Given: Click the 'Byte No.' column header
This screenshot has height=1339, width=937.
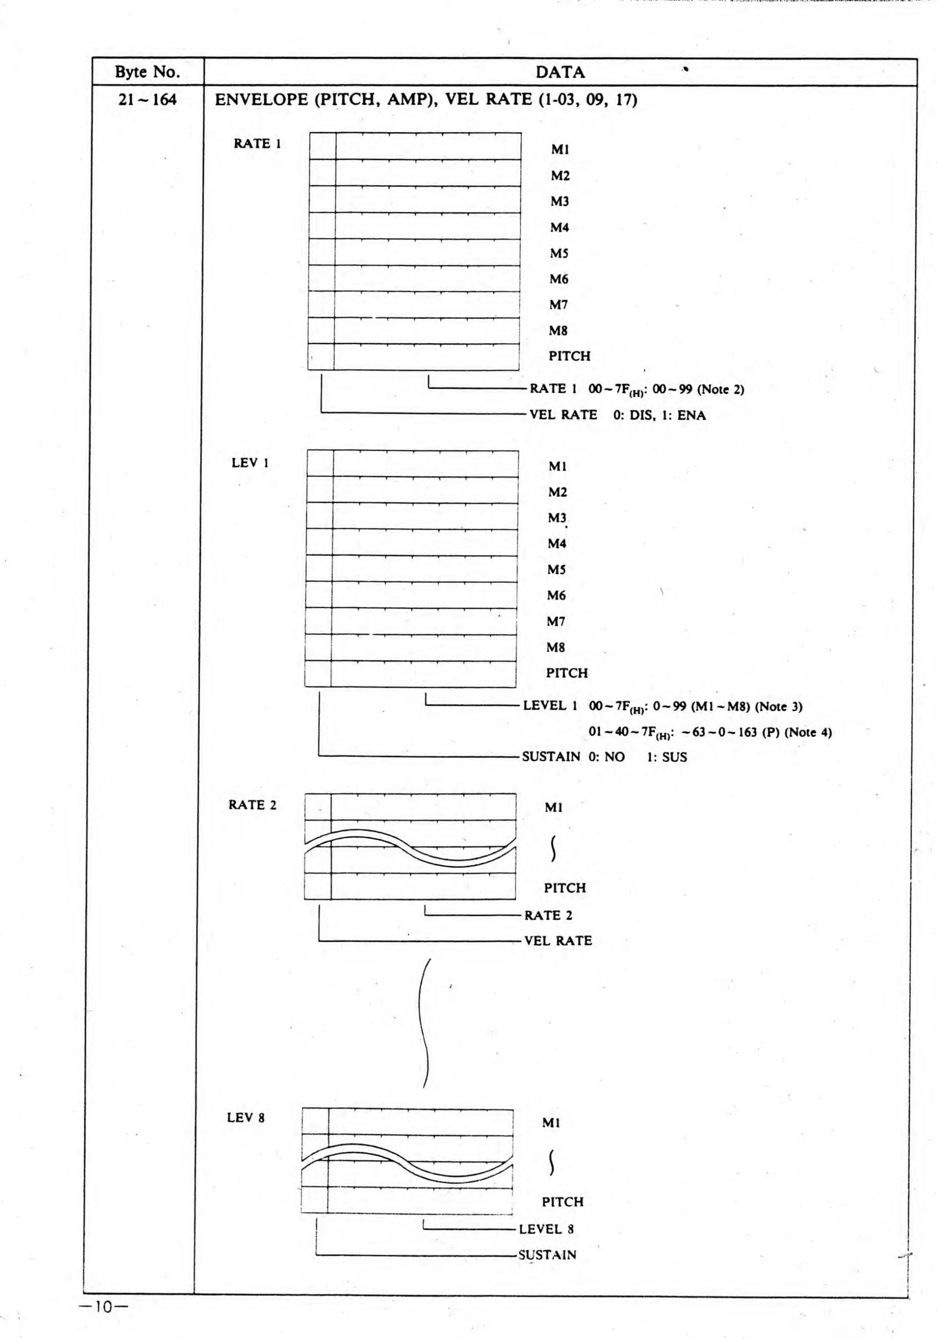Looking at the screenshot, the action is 147,72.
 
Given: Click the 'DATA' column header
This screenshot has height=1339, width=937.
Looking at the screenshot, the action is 560,72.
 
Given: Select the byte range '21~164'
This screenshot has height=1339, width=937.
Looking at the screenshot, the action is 147,100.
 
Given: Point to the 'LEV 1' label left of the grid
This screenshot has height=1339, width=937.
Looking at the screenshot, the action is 250,463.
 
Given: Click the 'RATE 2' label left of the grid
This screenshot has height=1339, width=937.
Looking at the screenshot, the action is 252,805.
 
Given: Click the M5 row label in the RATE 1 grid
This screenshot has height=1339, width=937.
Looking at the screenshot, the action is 558,253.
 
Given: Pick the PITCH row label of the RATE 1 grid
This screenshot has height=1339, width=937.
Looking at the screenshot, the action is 569,356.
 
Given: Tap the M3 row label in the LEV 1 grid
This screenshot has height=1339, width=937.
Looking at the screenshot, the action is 557,518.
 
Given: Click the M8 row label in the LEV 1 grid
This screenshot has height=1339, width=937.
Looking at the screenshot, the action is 555,647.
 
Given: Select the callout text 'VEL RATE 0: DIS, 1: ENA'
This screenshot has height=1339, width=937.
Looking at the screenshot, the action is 617,415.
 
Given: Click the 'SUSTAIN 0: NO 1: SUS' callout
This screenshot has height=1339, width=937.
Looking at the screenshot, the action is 604,757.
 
